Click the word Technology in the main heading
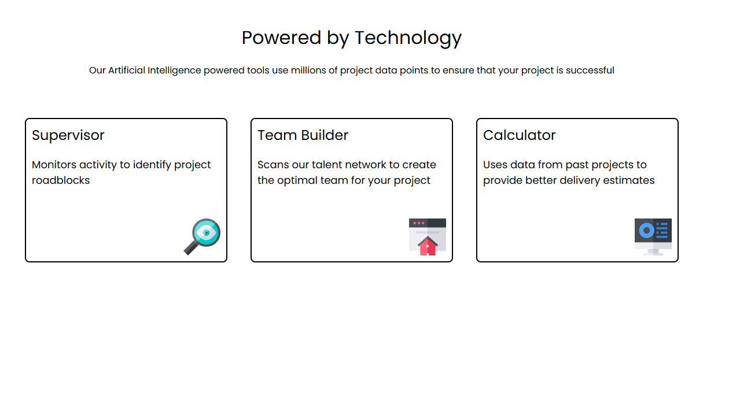click(408, 38)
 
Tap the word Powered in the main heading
click(281, 37)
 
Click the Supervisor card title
click(68, 136)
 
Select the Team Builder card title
click(303, 135)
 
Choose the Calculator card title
click(520, 135)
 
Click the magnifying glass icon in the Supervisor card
click(202, 237)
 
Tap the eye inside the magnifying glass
click(206, 232)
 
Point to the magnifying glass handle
click(191, 248)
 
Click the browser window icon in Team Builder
click(428, 237)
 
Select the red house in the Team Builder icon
click(428, 246)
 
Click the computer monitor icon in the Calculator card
click(653, 237)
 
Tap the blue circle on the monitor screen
click(647, 231)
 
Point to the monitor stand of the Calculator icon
click(653, 252)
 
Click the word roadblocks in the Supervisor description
click(61, 180)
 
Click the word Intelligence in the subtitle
click(174, 71)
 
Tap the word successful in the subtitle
click(590, 71)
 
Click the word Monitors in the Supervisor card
click(54, 165)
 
